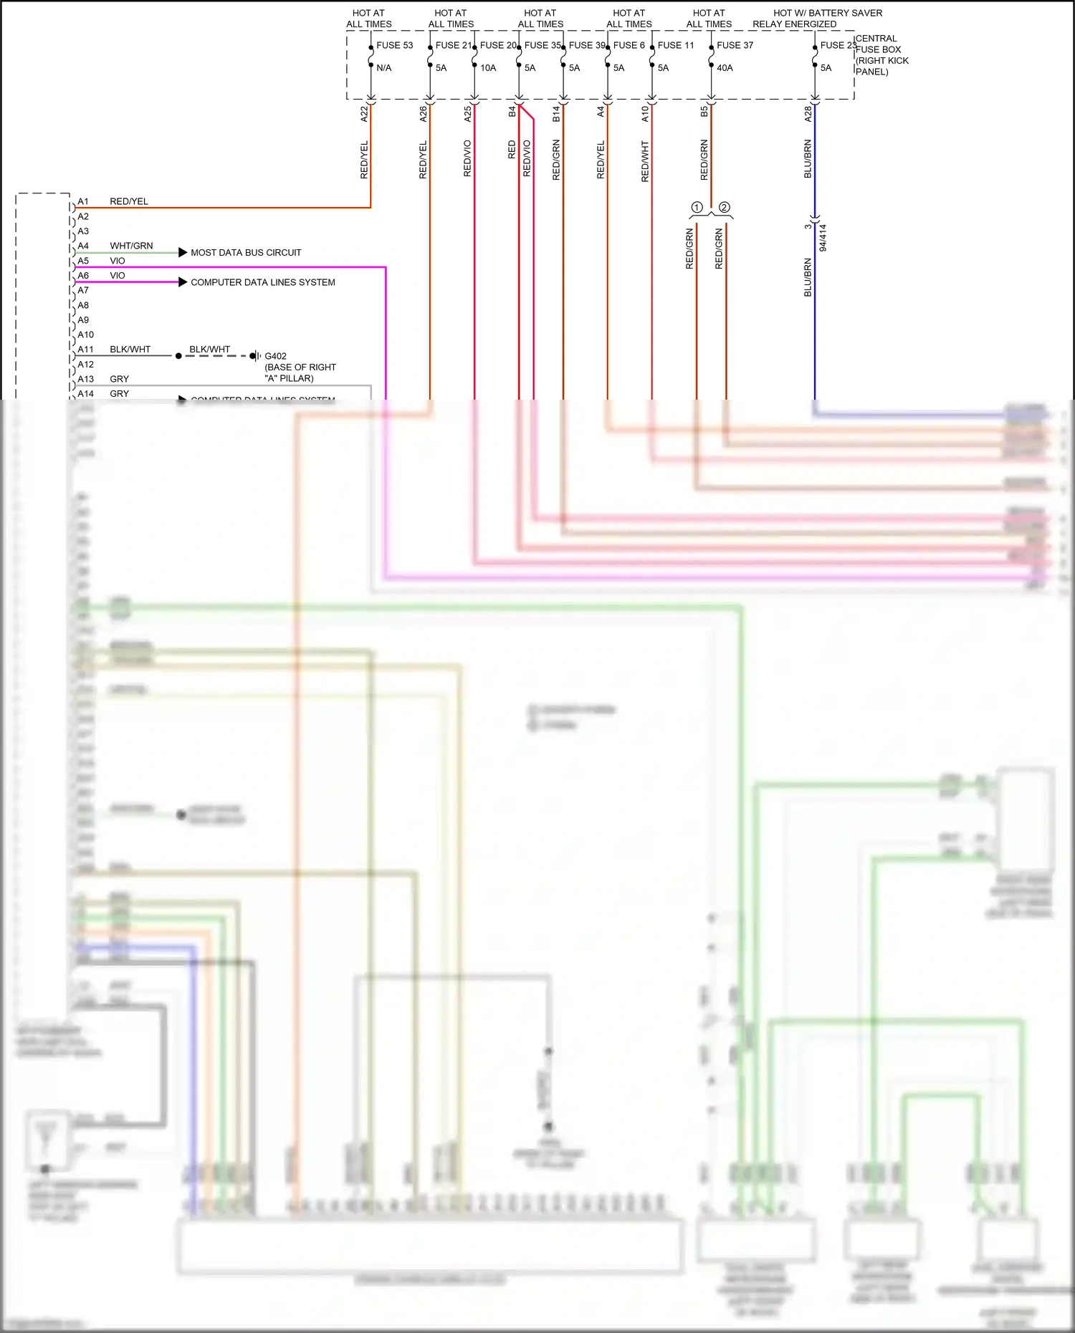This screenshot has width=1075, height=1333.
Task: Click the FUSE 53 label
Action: pos(394,45)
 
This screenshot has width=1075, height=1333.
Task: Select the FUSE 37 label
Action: pos(735,45)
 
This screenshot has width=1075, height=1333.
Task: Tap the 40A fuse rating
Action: pos(725,68)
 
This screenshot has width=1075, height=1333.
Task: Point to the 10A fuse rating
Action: pos(488,68)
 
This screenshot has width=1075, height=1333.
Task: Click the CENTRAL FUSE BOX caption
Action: pos(881,54)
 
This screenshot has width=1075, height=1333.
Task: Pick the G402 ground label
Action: pos(276,356)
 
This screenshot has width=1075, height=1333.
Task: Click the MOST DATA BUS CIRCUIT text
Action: pos(246,253)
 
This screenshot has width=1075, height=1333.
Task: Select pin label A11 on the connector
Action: pos(86,350)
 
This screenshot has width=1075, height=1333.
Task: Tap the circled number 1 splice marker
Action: pos(696,207)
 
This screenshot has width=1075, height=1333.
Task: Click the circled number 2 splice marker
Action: pos(725,207)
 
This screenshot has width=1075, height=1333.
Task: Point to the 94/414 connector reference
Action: pos(823,238)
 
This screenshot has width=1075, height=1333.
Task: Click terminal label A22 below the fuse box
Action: pos(364,113)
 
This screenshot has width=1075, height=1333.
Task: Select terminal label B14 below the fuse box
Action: pos(556,113)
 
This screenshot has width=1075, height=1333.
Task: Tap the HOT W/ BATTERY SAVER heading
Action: pos(827,13)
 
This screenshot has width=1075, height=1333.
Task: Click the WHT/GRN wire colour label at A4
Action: pos(131,246)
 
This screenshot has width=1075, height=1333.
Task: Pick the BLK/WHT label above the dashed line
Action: pos(209,350)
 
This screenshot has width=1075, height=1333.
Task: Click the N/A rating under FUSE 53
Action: pos(384,68)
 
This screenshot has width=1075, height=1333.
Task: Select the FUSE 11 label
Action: pos(676,45)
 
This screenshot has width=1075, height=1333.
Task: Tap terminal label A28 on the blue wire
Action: pos(808,113)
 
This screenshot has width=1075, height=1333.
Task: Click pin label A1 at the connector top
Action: pos(83,202)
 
